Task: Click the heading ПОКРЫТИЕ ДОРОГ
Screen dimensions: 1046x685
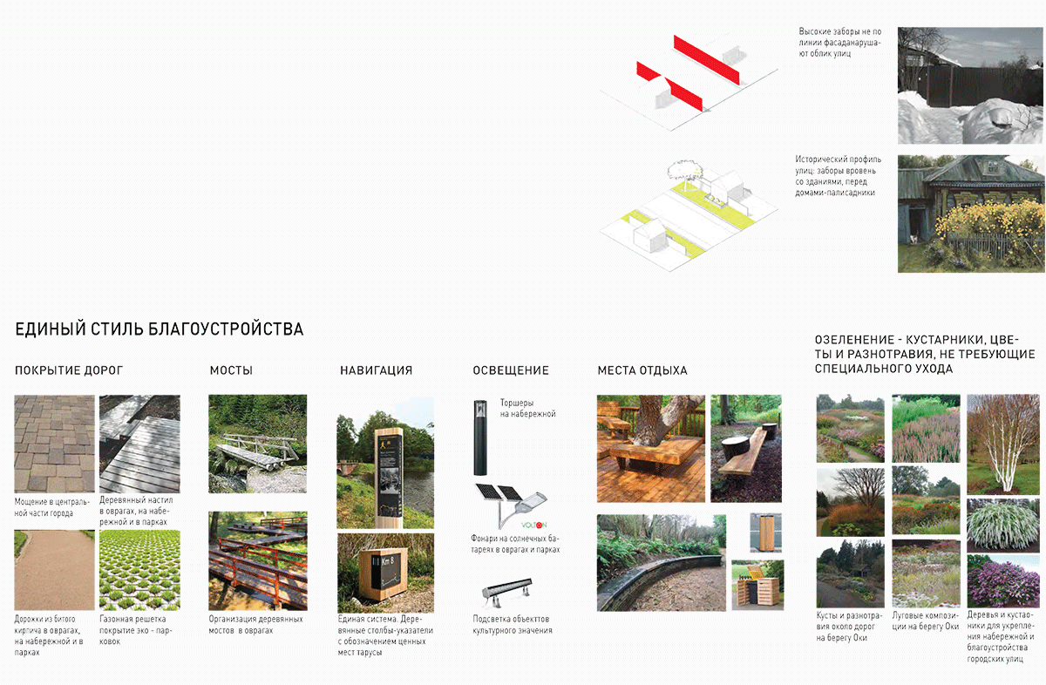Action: click(69, 370)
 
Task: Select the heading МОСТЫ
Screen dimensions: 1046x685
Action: click(231, 370)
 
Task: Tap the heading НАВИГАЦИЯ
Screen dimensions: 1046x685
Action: click(376, 370)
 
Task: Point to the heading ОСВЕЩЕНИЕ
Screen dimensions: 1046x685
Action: click(511, 370)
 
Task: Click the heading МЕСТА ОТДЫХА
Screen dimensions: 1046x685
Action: click(642, 370)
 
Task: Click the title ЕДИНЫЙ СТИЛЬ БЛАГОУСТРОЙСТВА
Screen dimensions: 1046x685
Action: click(160, 329)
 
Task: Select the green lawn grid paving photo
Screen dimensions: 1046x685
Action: click(139, 569)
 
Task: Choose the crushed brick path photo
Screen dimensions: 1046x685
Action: click(54, 569)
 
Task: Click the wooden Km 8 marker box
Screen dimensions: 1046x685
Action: click(383, 571)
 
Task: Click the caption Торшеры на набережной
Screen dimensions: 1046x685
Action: click(527, 409)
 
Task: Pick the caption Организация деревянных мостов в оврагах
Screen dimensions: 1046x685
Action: click(255, 624)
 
